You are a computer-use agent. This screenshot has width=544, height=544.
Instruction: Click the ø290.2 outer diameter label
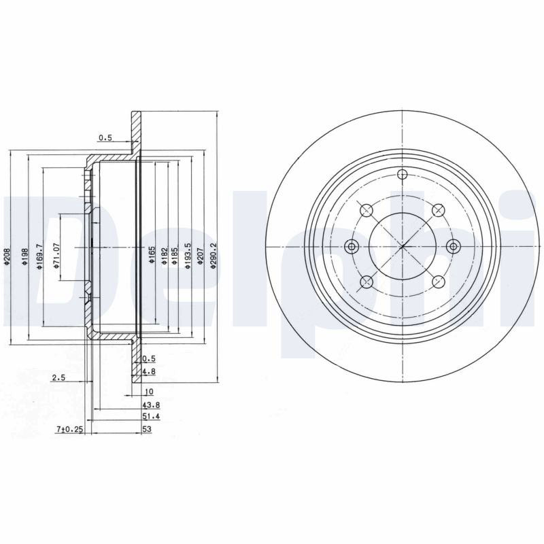coord(214,256)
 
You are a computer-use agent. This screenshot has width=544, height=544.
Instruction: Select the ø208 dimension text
coord(7,256)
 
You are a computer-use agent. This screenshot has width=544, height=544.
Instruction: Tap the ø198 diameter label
coord(24,257)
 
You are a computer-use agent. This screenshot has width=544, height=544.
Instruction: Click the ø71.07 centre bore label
coord(56,256)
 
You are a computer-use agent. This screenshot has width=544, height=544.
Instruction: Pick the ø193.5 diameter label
coord(188,256)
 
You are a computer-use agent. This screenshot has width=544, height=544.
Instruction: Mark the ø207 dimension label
coord(200,257)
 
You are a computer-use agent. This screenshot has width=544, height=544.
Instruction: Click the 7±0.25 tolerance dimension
coord(70,429)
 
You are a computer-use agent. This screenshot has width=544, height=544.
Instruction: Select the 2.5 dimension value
coord(58,377)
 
